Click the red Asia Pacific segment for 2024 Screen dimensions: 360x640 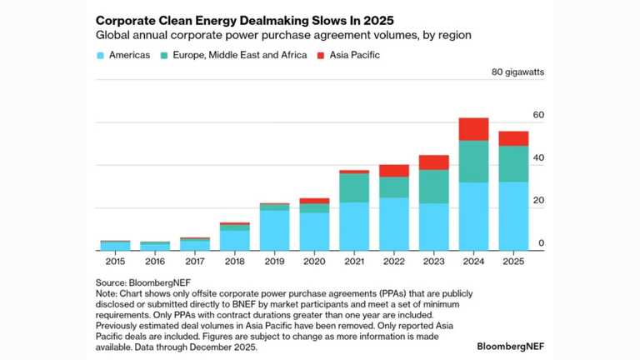[473, 129]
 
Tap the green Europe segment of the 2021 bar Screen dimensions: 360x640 [354, 187]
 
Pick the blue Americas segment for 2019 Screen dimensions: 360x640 [274, 230]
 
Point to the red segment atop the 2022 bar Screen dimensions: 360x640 [393, 170]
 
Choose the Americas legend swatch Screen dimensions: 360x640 [100, 55]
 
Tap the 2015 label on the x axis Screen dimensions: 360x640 [115, 262]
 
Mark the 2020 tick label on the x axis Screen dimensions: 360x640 [314, 262]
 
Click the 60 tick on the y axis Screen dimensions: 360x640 [539, 114]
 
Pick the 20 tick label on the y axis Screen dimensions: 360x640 [539, 200]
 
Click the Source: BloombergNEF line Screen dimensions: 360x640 [138, 283]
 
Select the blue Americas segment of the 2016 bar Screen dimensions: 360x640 [155, 247]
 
